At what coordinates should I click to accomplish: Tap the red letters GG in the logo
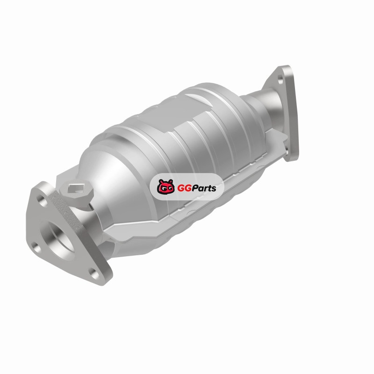coord(183,188)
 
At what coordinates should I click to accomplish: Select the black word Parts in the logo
coord(202,188)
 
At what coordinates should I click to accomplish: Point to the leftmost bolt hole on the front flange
coord(36,248)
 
